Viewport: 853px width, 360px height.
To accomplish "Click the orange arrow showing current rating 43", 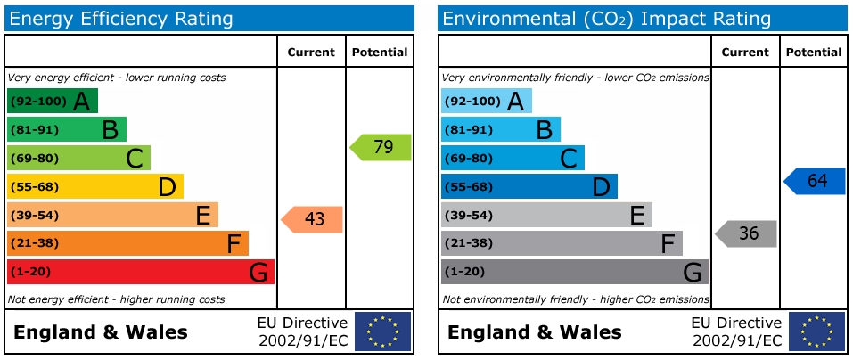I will (x=313, y=219).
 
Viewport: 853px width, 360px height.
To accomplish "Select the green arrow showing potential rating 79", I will (x=381, y=147).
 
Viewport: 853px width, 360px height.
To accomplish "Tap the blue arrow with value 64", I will (x=816, y=181).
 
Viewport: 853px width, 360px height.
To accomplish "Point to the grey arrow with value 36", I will (x=747, y=233).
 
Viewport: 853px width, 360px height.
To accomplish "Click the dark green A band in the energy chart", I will (x=52, y=101).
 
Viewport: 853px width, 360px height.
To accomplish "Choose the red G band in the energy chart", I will (x=140, y=272).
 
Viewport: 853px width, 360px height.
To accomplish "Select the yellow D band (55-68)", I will (x=94, y=186).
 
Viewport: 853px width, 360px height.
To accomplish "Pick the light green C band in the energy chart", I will (x=78, y=158).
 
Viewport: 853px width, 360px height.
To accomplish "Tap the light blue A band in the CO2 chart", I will (x=486, y=101).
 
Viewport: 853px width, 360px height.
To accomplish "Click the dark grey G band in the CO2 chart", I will (x=574, y=272).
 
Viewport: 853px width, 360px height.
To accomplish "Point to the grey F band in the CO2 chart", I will (x=562, y=243).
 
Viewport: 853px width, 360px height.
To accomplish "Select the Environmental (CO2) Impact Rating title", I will (x=607, y=19).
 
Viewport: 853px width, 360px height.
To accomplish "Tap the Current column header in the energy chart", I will (x=311, y=53).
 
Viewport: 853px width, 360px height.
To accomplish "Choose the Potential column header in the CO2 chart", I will (x=812, y=53).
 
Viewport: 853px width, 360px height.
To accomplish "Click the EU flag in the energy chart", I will (x=382, y=331).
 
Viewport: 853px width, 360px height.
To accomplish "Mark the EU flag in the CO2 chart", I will (x=816, y=331).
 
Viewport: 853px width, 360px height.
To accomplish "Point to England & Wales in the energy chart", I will (x=101, y=332).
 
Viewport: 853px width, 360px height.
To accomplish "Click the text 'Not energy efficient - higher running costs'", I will (x=117, y=299).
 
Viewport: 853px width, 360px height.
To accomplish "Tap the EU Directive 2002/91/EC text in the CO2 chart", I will (x=735, y=331).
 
